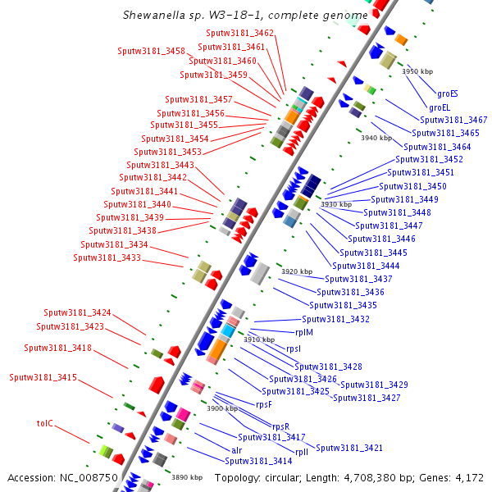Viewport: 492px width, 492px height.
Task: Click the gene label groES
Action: (x=448, y=94)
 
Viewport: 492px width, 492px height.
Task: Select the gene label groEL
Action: (x=440, y=107)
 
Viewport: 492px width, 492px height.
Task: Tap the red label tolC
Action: (x=44, y=423)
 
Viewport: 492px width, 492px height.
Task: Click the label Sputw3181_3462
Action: (x=240, y=33)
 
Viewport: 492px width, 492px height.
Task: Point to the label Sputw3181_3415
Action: (x=43, y=378)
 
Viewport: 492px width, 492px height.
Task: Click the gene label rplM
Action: (x=303, y=332)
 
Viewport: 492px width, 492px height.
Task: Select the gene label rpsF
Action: (x=263, y=404)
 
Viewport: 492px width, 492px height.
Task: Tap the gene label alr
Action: (x=236, y=450)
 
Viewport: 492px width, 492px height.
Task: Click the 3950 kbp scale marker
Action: (x=416, y=72)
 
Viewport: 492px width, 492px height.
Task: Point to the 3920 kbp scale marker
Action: (x=297, y=271)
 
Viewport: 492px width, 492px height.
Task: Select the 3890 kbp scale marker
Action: (x=186, y=477)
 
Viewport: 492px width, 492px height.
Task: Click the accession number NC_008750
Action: (x=85, y=477)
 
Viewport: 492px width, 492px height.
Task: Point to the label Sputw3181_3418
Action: (x=57, y=348)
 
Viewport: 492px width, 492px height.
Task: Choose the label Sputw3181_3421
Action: (x=349, y=448)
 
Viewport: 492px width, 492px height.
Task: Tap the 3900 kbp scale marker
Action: (x=221, y=408)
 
